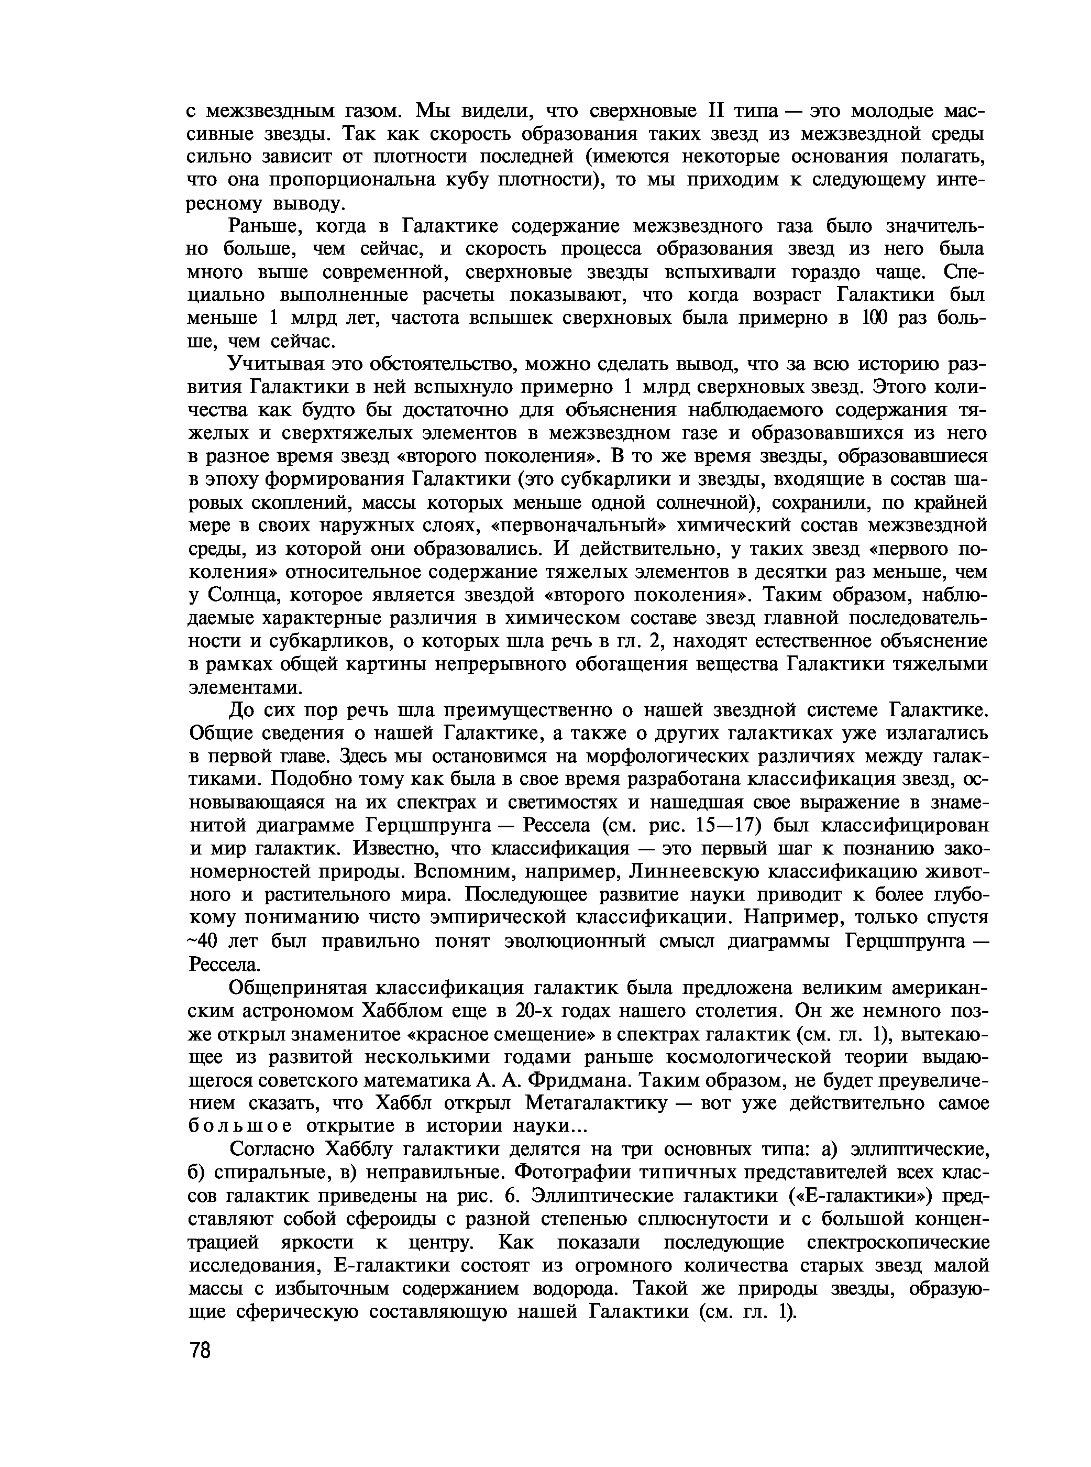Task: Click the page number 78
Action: point(199,1351)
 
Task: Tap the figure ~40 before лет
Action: point(203,941)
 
